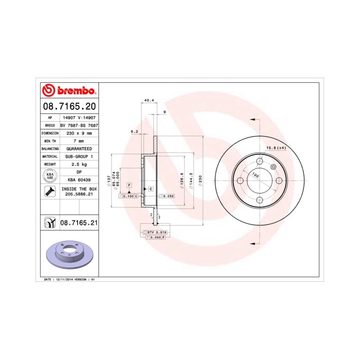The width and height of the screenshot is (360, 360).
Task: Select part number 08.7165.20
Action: pos(69,107)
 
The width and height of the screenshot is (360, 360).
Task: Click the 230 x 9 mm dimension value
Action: pos(79,133)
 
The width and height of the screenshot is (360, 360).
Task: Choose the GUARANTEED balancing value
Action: pos(79,148)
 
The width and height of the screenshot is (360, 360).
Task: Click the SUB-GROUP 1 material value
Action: pos(79,156)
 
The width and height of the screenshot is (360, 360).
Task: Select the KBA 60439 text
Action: pos(79,179)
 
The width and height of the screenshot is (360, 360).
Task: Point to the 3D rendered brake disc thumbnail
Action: pos(68,254)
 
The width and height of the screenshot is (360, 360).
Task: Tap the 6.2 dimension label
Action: pos(135,132)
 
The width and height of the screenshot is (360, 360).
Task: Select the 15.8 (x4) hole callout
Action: pos(275,148)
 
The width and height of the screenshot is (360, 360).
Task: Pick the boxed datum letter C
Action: pos(151,189)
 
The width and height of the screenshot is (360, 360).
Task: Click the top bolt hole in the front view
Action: pos(260,161)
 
